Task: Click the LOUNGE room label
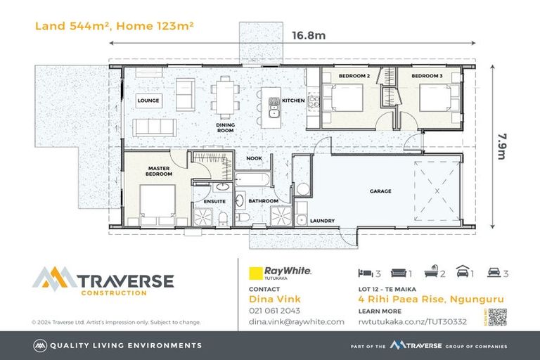point(148,101)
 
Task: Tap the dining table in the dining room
point(225,96)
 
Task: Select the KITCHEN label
point(293,101)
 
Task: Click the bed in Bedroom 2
point(343,97)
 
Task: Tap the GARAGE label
point(380,191)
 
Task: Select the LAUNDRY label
point(321,221)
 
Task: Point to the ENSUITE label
point(214,201)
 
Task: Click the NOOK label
point(255,158)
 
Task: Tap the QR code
point(496,318)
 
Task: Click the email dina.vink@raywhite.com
point(296,321)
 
